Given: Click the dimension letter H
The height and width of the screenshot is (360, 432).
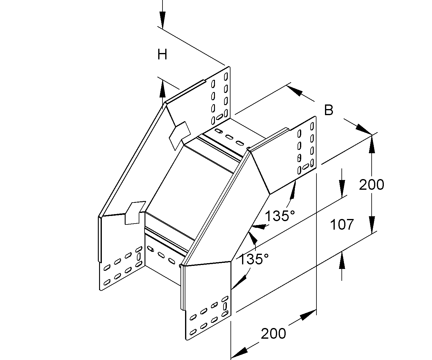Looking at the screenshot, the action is point(162,55).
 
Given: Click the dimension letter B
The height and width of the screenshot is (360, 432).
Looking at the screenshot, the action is point(329,110).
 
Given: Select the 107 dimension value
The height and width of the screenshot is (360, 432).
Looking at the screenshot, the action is point(342,224).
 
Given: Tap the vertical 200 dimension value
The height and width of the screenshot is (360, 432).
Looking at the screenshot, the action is point(371,185).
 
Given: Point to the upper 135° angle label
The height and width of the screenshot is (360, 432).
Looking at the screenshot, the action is point(280,216).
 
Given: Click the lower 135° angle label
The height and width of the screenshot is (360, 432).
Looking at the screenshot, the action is point(254,259).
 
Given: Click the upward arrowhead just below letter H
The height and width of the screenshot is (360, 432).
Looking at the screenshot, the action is point(162,89).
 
